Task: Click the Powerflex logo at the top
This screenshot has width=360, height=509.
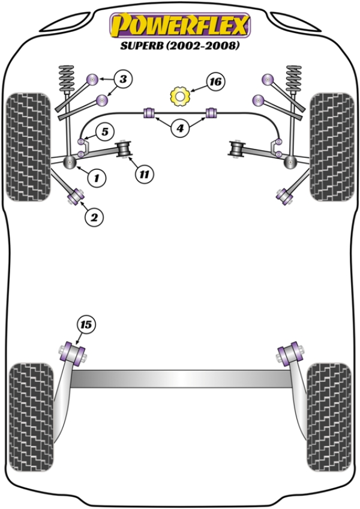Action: click(x=179, y=26)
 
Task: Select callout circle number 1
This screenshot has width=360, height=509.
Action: click(x=95, y=177)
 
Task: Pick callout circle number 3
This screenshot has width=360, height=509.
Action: click(x=122, y=79)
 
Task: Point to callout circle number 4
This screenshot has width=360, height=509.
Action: click(x=180, y=127)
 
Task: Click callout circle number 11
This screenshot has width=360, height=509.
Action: click(x=143, y=175)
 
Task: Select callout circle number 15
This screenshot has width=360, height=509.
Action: click(x=86, y=325)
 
